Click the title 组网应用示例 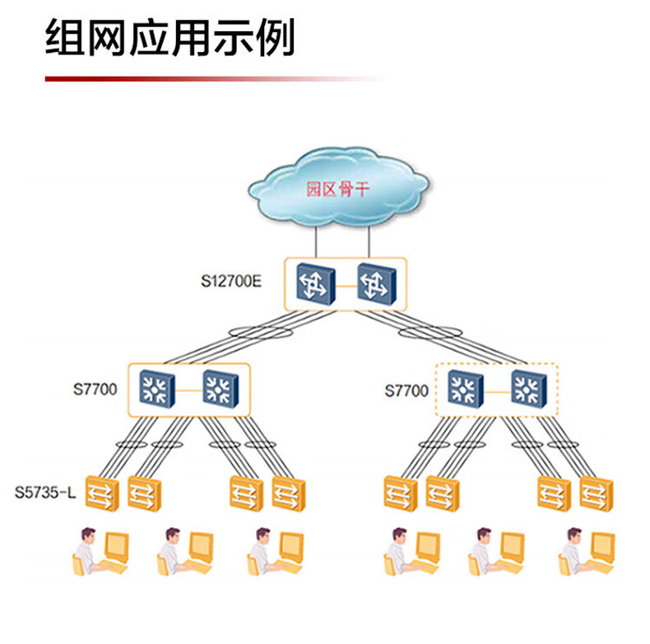(170, 40)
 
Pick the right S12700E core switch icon (376, 285)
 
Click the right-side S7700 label (406, 390)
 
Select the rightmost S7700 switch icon (527, 388)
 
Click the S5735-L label (45, 493)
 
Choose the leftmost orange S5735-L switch (102, 492)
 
